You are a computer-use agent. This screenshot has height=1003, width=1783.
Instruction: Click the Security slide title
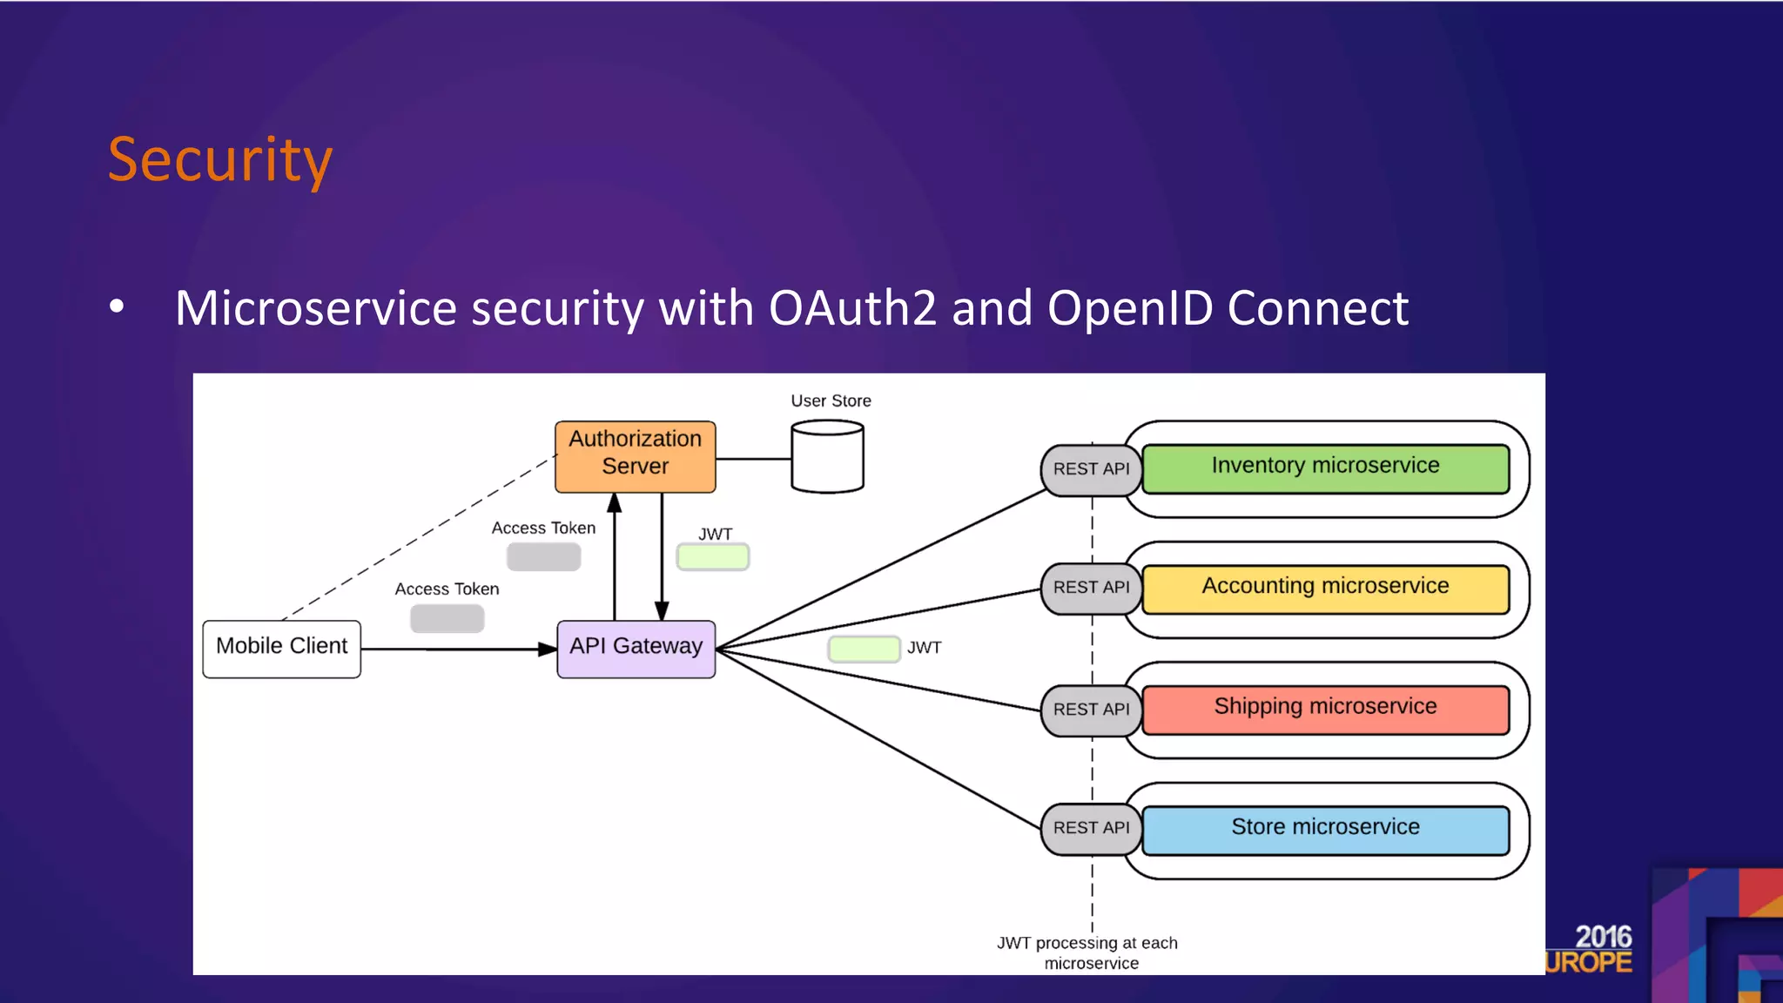coord(220,160)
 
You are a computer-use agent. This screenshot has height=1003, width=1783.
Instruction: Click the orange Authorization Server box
coord(635,456)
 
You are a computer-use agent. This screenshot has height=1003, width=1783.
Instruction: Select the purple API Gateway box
coord(636,649)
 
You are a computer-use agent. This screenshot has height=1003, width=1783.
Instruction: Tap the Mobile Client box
coord(281,649)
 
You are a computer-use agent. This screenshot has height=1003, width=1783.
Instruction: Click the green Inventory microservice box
coord(1325,468)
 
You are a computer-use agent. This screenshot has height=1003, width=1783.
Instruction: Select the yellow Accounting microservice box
coord(1325,589)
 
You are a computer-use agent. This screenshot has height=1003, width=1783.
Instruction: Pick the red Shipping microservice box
coord(1325,709)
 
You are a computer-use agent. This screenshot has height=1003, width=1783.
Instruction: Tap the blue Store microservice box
coord(1325,830)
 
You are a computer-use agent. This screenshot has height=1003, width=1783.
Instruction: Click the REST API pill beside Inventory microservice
coord(1091,469)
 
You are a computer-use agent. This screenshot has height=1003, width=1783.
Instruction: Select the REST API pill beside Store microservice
coord(1091,828)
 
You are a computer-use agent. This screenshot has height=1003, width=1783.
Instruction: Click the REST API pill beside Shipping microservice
coord(1091,710)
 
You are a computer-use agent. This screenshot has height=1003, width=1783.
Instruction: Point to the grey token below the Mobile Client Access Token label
coord(447,618)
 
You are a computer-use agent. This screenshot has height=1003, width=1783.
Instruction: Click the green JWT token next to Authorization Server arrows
coord(713,557)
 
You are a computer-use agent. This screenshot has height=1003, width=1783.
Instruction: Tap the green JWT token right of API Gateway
coord(864,649)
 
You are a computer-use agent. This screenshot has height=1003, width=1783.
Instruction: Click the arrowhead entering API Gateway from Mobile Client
coord(547,649)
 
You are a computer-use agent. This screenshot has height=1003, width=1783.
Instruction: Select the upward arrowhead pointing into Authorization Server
coord(615,503)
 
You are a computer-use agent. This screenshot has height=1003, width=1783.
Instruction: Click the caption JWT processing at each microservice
coord(1088,953)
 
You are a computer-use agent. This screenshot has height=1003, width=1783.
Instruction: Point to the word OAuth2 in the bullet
coord(852,308)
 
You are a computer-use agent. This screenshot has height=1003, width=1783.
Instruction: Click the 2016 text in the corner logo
coord(1603,937)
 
